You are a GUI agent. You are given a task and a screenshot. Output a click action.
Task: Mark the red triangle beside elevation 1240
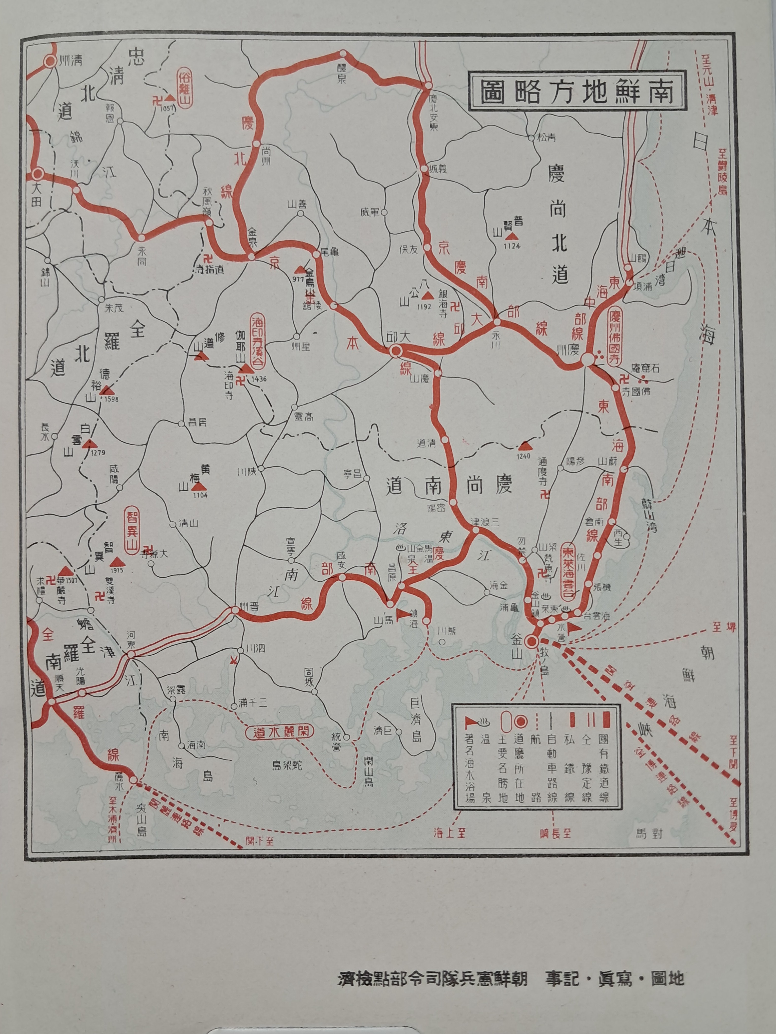click(526, 445)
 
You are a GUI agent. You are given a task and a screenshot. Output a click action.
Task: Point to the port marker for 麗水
click(133, 780)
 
